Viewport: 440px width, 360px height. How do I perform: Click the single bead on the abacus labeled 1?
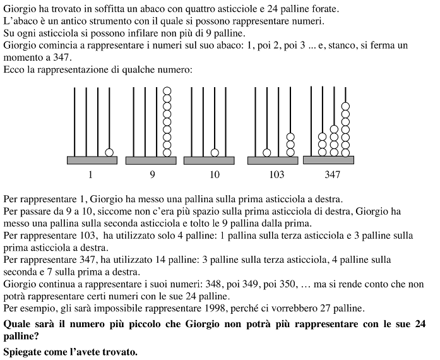pos(109,152)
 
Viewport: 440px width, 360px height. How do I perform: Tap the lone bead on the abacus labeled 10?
pos(215,152)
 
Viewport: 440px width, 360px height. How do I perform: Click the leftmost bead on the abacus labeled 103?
pos(267,152)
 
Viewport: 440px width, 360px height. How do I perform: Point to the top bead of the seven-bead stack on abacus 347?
pos(345,105)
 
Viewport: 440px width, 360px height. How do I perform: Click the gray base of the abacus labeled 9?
pos(150,160)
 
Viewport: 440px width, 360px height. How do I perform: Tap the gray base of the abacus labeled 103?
pos(273,160)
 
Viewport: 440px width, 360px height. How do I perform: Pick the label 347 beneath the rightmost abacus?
pos(333,174)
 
